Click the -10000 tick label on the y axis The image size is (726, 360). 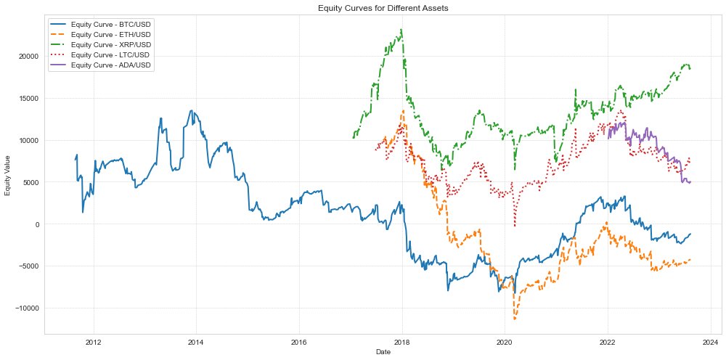pos(25,308)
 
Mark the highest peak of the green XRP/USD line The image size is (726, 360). pos(401,30)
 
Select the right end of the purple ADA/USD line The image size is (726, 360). pos(690,181)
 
